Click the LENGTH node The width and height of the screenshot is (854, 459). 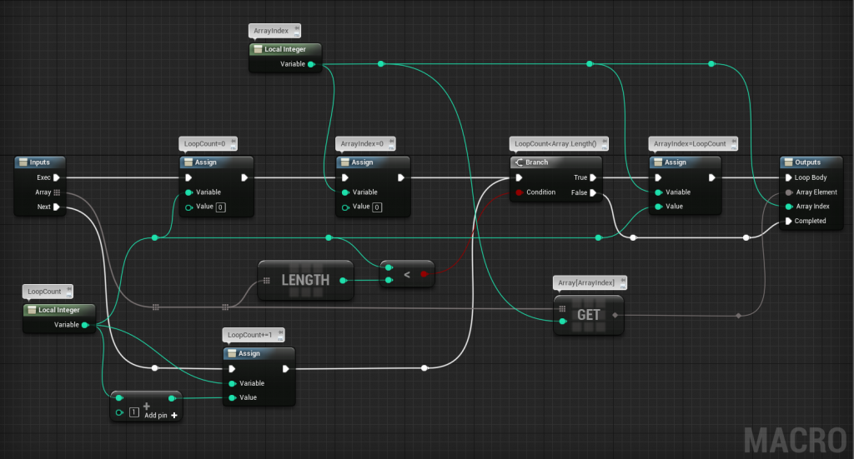306,280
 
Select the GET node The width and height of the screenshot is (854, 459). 588,314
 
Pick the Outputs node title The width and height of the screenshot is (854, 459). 807,162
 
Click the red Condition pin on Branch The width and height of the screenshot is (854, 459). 519,192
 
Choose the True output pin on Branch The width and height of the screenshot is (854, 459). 593,177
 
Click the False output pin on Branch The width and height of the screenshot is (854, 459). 593,192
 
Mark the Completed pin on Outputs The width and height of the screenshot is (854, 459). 788,221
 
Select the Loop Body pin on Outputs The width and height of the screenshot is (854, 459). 788,177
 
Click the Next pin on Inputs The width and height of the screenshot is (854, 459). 57,207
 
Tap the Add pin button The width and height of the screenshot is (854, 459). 174,414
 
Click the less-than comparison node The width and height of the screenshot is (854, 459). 407,274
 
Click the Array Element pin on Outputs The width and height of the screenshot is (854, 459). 788,192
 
